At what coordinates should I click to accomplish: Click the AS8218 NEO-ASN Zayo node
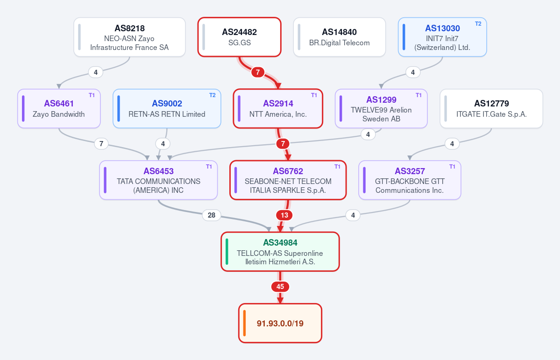(x=130, y=37)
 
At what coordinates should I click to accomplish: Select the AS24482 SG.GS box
(x=239, y=37)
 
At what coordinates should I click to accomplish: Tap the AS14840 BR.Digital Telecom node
(x=339, y=37)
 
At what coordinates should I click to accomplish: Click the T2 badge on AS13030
(x=478, y=24)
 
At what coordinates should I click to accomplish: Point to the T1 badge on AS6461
(x=92, y=95)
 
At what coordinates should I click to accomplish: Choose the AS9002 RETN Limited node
(x=167, y=109)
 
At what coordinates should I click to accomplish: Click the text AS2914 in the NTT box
(x=278, y=104)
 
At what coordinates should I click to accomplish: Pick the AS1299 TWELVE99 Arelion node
(x=381, y=109)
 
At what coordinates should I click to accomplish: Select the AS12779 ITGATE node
(x=491, y=109)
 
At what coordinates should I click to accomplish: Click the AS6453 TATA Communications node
(x=159, y=180)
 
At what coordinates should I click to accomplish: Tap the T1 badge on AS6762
(x=337, y=167)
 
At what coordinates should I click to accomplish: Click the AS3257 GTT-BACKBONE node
(x=410, y=180)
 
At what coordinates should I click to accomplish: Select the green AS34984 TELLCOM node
(x=280, y=251)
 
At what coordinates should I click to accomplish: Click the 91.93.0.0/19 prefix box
(x=280, y=323)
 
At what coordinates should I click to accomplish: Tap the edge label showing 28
(x=212, y=215)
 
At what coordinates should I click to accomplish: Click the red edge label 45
(x=280, y=286)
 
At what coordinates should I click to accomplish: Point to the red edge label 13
(x=284, y=215)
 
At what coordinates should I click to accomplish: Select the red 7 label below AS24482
(x=257, y=72)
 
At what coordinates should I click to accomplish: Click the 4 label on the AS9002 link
(x=163, y=143)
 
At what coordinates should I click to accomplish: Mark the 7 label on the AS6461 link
(x=101, y=143)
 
